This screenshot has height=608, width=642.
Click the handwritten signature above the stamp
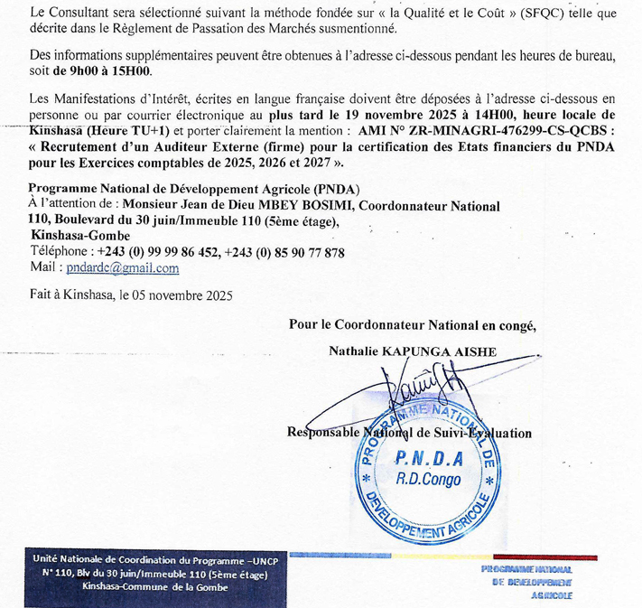420,384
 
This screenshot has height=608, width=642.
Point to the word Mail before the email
43,268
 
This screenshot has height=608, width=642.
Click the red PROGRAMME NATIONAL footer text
526,571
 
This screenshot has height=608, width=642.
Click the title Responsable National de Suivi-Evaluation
409,434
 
